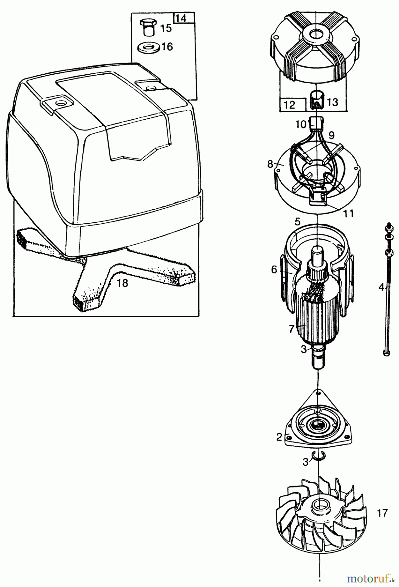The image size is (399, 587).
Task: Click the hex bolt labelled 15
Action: (x=149, y=27)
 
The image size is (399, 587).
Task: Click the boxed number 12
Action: (x=289, y=105)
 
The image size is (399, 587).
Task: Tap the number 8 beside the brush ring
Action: (x=270, y=164)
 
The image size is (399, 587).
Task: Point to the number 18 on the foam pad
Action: (x=122, y=283)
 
